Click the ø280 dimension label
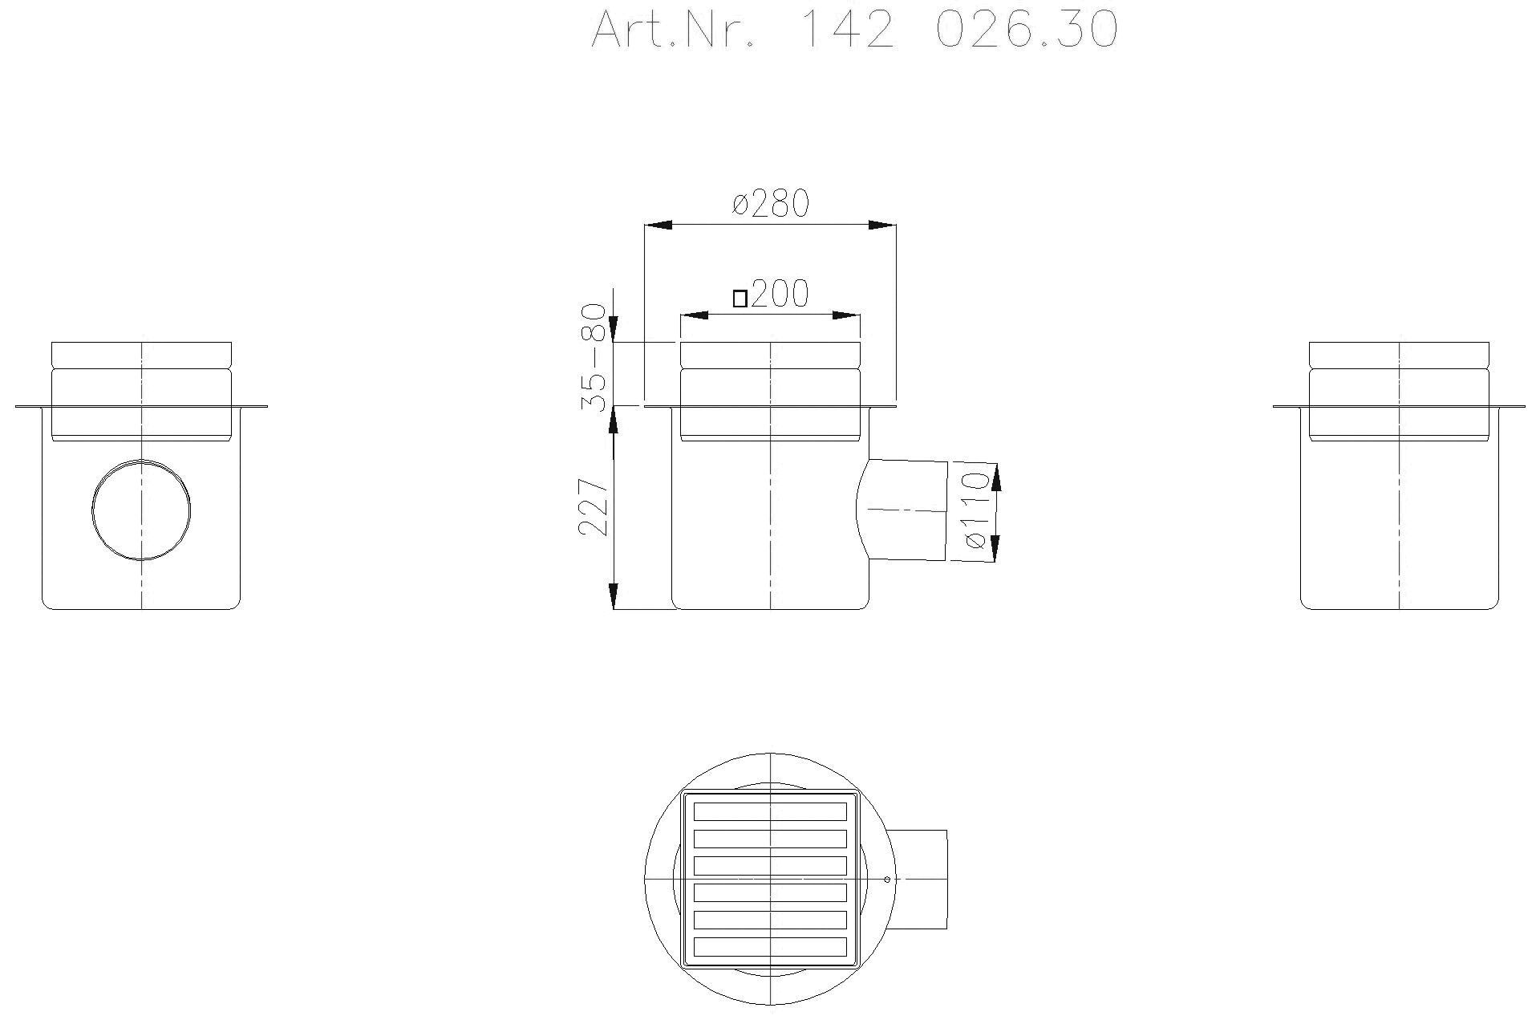pyautogui.click(x=770, y=204)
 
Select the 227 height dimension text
pyautogui.click(x=593, y=507)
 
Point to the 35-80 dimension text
pyautogui.click(x=593, y=356)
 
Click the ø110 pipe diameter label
pyautogui.click(x=975, y=510)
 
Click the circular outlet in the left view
pyautogui.click(x=142, y=510)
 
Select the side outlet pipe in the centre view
pyautogui.click(x=906, y=510)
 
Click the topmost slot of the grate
pyautogui.click(x=770, y=811)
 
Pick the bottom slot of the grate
pyautogui.click(x=770, y=946)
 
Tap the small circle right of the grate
pyautogui.click(x=887, y=880)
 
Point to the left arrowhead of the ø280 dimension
pyautogui.click(x=658, y=226)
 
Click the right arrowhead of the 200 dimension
pyautogui.click(x=846, y=315)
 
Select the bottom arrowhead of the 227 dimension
pyautogui.click(x=614, y=595)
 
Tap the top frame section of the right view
pyautogui.click(x=1399, y=354)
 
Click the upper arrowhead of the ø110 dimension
pyautogui.click(x=996, y=478)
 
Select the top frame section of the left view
pyautogui.click(x=142, y=354)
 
